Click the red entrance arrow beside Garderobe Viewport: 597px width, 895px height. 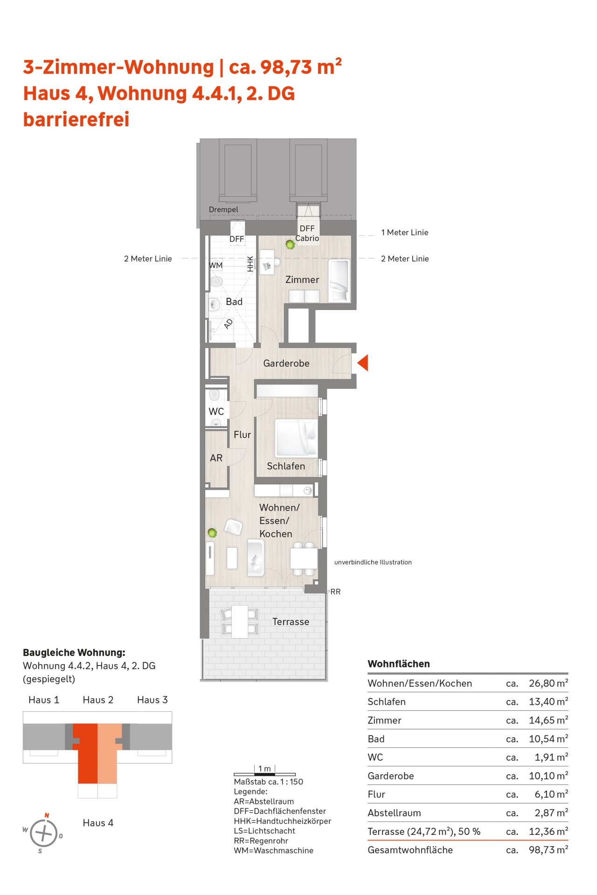coord(363,363)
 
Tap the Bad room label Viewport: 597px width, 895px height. coord(234,302)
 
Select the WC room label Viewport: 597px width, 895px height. coord(216,412)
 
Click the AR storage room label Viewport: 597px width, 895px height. coord(216,458)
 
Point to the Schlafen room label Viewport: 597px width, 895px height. coord(286,466)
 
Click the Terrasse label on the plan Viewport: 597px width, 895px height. coord(291,622)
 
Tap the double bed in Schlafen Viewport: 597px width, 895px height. coord(297,438)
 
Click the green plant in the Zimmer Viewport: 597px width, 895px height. coord(291,244)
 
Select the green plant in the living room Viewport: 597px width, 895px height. coord(212,532)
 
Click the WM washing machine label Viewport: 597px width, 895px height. coord(215,265)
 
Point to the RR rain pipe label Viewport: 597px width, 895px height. coord(335,592)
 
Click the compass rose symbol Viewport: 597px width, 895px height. coord(43,833)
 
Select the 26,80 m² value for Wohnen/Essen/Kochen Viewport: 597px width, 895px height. coord(548,683)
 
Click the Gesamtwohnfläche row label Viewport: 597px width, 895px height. coord(410,850)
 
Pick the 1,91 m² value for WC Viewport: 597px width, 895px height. coord(551,757)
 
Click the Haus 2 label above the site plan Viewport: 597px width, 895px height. coord(98,700)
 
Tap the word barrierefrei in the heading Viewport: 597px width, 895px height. coord(76,119)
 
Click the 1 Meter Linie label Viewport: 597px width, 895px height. coord(404,233)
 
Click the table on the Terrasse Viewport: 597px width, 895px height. coord(240,621)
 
